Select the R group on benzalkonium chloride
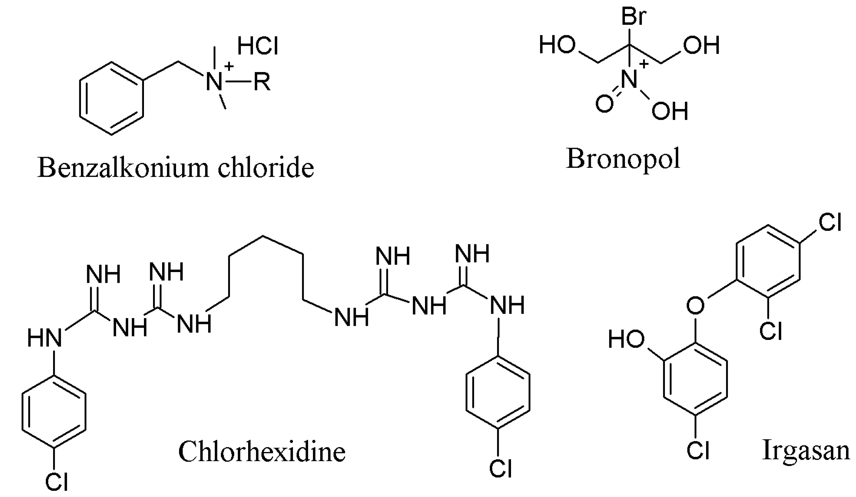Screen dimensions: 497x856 pyautogui.click(x=262, y=82)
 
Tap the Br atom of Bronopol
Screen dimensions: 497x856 pyautogui.click(x=634, y=17)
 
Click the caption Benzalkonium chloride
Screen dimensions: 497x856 pyautogui.click(x=176, y=168)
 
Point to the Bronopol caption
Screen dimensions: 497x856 pyautogui.click(x=623, y=159)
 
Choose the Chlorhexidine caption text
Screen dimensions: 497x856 pyautogui.click(x=262, y=452)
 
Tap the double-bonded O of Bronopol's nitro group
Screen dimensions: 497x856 pyautogui.click(x=605, y=104)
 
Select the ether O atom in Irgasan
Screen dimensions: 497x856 pyautogui.click(x=695, y=305)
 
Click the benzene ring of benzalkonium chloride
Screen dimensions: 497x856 pyautogui.click(x=111, y=98)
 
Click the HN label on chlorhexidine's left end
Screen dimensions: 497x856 pyautogui.click(x=45, y=338)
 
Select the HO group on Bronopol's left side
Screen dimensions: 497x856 pyautogui.click(x=557, y=45)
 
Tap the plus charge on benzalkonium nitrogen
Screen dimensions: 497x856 pyautogui.click(x=230, y=66)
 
